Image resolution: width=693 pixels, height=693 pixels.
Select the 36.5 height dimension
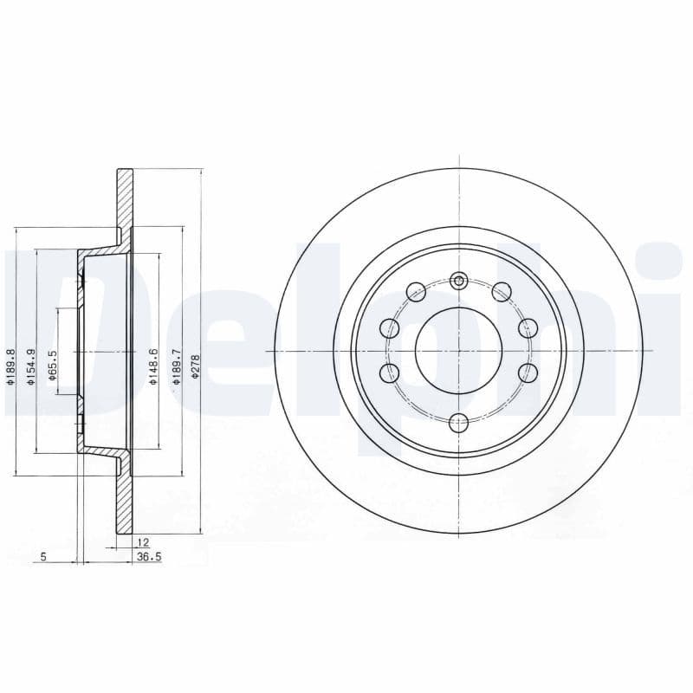150,557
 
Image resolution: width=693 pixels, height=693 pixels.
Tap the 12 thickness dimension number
142,542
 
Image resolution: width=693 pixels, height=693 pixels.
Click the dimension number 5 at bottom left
43,557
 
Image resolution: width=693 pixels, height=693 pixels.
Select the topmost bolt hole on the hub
459,279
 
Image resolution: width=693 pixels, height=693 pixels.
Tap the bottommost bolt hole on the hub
459,422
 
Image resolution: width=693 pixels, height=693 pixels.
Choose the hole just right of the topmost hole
501,291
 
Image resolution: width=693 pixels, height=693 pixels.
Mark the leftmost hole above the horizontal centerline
390,328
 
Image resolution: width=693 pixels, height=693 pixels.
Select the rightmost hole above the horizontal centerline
528,328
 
